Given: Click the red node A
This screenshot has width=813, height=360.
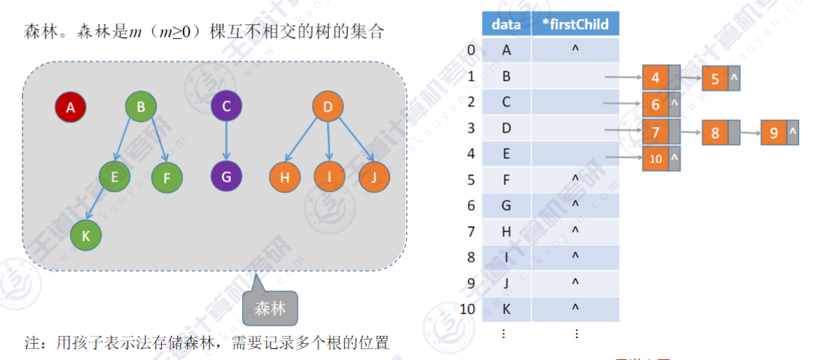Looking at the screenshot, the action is [71, 108].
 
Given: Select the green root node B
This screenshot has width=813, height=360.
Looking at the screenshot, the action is [141, 108].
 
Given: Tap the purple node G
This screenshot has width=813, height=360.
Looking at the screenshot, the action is [226, 176].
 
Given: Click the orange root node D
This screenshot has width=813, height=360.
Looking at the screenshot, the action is [327, 108].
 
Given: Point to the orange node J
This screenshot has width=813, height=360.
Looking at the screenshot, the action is [374, 177].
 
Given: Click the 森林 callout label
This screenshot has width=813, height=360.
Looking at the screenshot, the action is [270, 308].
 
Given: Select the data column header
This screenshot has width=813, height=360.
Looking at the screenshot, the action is [506, 24].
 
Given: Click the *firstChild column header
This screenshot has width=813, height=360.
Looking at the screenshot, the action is [575, 24].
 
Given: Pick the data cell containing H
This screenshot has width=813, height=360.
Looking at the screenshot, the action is [506, 231].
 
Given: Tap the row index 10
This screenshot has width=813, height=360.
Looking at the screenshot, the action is [468, 308].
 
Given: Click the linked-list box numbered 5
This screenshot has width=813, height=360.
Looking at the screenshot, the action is [715, 78].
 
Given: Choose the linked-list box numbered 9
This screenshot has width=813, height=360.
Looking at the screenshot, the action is [774, 133].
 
